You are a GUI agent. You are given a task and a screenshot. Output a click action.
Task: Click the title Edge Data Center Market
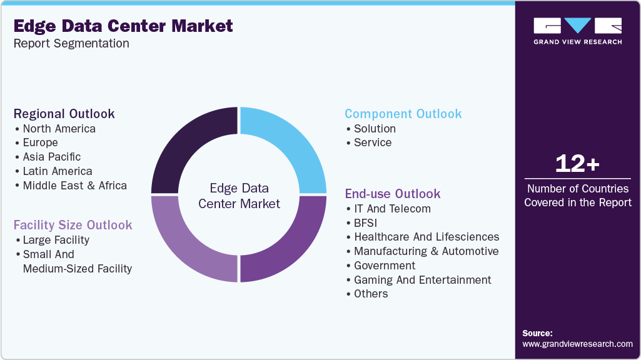[x=123, y=26]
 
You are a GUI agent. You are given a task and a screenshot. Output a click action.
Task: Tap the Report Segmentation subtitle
[x=71, y=43]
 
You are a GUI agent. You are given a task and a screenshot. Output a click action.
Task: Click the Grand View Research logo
[x=577, y=31]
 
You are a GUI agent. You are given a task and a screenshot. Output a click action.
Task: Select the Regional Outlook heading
[x=64, y=114]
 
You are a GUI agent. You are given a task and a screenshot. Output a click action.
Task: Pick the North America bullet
[x=59, y=129]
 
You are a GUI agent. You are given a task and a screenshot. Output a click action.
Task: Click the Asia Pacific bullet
[x=52, y=157]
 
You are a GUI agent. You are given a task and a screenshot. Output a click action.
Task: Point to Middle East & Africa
[x=74, y=186]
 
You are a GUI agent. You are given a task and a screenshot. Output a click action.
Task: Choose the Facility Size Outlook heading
[x=73, y=225]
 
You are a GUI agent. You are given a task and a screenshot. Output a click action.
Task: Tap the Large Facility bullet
[x=56, y=240]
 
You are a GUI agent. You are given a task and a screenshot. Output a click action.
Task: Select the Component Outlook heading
[x=403, y=114]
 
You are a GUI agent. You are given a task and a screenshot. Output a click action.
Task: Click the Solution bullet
[x=375, y=129]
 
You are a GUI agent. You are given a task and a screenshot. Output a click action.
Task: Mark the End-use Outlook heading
[x=393, y=194]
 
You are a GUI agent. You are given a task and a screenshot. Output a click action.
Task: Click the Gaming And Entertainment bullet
[x=423, y=280]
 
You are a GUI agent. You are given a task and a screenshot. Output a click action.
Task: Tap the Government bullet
[x=385, y=266]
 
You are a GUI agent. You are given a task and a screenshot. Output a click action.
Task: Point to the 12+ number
[x=577, y=164]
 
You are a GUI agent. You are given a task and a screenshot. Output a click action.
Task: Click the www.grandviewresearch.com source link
[x=577, y=344]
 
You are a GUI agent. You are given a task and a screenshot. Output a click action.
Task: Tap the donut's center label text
[x=238, y=196]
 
